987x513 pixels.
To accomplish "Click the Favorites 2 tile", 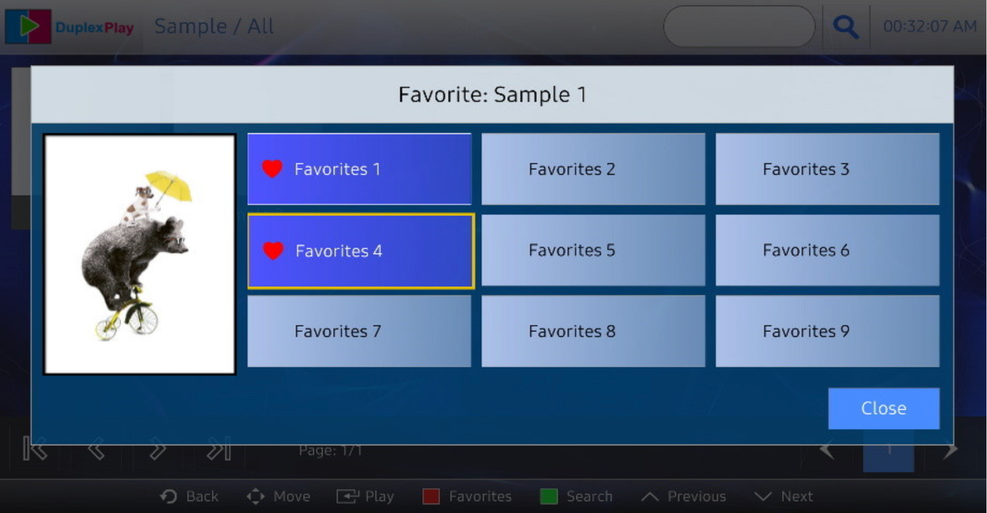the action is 593,169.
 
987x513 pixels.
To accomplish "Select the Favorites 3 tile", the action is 827,169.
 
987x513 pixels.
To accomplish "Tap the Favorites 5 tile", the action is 593,250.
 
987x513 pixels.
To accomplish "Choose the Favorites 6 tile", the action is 827,250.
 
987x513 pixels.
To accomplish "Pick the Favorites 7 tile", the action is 359,331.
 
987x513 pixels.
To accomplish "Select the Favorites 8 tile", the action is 593,331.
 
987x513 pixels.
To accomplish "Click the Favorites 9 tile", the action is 827,331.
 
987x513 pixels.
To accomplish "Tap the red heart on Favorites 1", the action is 272,169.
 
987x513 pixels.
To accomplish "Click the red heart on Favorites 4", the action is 273,250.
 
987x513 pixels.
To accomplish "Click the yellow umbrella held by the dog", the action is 170,186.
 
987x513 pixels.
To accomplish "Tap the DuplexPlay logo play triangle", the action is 29,26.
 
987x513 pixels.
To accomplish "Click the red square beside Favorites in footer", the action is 431,496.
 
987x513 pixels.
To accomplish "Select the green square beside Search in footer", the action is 548,496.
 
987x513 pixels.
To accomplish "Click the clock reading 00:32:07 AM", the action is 930,27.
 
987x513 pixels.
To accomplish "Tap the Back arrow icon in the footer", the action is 168,496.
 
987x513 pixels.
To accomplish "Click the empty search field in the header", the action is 740,27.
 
